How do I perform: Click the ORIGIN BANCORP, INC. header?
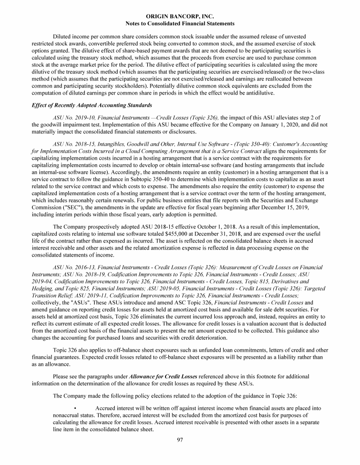180,16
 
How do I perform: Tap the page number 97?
180,440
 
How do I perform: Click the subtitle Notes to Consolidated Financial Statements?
180,23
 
